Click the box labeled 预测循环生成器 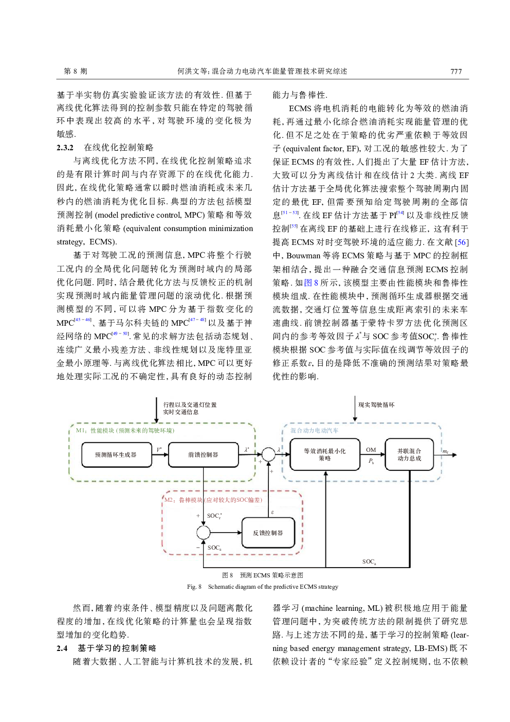tap(116, 455)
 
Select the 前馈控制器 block tap(203, 455)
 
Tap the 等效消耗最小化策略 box tap(324, 455)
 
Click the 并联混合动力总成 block tap(409, 455)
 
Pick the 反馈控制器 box tap(268, 533)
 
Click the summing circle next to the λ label tap(268, 454)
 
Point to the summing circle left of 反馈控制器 tap(204, 533)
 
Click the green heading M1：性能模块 tap(125, 431)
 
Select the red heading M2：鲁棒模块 tap(213, 500)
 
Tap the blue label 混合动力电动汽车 tap(314, 431)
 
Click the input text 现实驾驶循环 tap(376, 405)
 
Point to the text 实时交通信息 tap(180, 412)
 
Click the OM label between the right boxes tap(371, 450)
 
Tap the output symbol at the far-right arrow tap(446, 452)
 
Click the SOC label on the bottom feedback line tap(369, 561)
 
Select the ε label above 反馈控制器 tap(272, 512)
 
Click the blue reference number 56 tap(462, 242)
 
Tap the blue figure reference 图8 tap(311, 283)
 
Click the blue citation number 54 tap(400, 213)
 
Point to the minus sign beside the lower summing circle tap(198, 548)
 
